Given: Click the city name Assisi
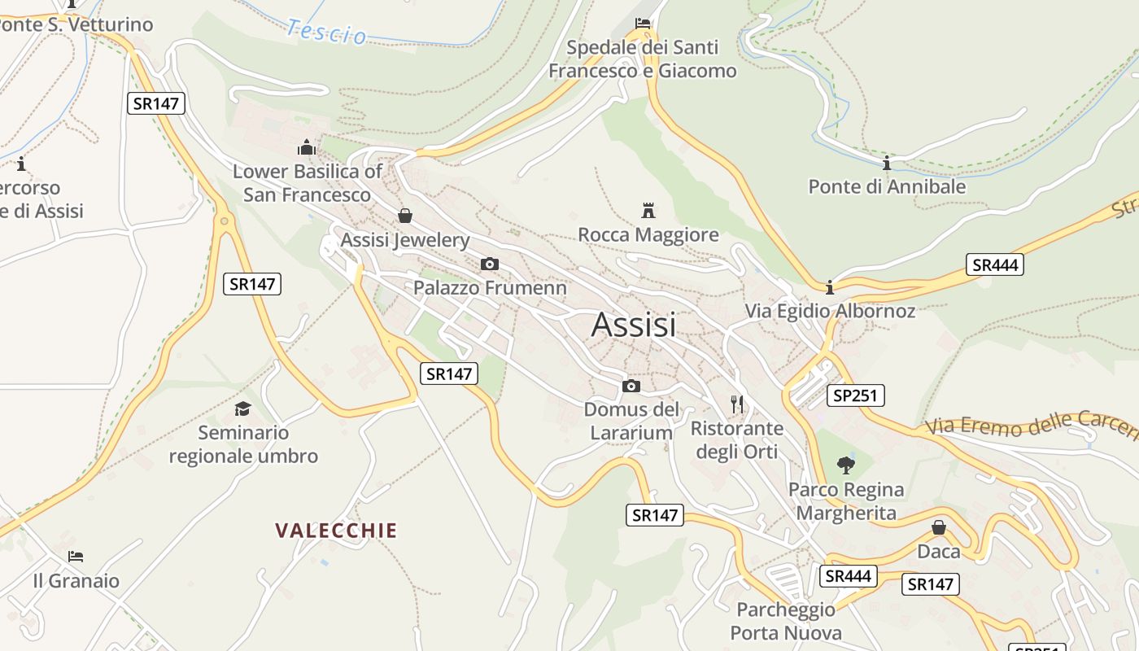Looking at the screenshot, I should [634, 325].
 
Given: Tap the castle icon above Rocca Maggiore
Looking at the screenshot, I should [648, 211].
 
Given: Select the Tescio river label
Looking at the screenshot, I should [326, 32].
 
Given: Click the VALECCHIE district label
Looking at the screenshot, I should [336, 531].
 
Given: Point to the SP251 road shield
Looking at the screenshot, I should [855, 395].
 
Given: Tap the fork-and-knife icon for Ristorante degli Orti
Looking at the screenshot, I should [737, 404].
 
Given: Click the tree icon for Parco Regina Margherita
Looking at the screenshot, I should [846, 465].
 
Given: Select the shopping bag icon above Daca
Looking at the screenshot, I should [939, 527].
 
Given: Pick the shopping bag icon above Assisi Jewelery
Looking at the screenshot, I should [404, 216].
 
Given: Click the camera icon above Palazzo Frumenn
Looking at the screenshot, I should [490, 264].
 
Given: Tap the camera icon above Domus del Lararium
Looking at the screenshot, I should [631, 386].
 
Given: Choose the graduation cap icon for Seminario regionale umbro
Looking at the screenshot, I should [242, 409].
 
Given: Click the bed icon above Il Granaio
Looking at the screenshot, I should [76, 557].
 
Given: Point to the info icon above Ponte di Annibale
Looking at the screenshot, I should [887, 163].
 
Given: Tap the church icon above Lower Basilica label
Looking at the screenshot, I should [307, 147].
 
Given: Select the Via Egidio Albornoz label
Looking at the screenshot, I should [830, 311].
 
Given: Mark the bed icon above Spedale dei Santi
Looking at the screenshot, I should [643, 23].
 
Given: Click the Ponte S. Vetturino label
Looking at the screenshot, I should [76, 24].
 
